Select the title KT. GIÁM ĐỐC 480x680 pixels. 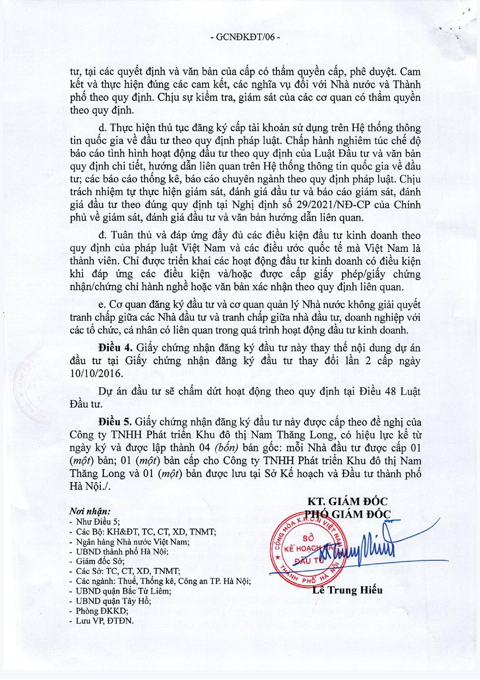[347, 501]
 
